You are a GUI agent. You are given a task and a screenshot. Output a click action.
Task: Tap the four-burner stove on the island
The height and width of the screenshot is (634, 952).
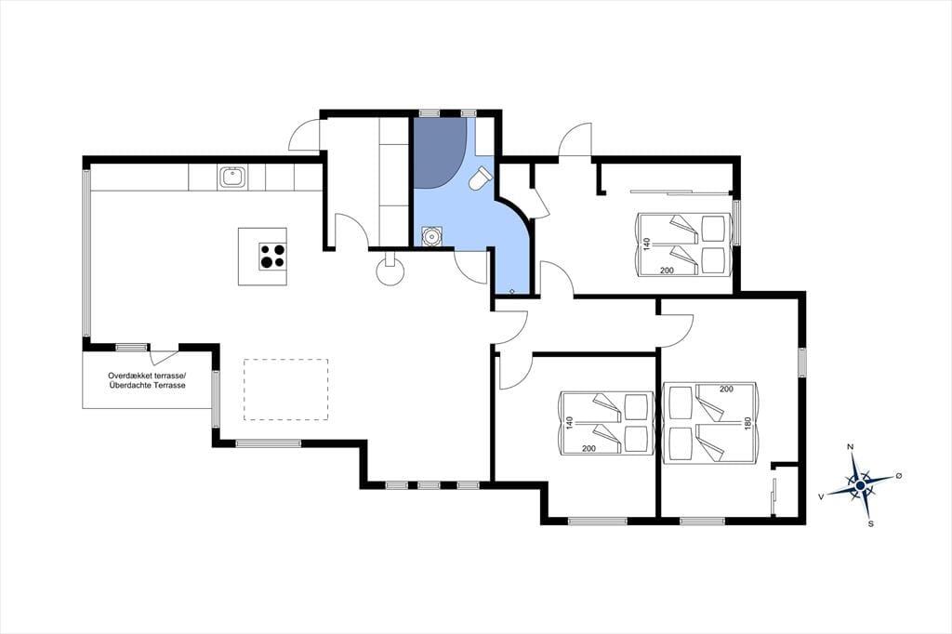click(272, 256)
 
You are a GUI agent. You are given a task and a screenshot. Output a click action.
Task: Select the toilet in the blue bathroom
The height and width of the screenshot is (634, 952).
click(481, 178)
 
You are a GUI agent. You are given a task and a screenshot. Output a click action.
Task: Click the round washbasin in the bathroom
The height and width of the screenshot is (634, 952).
click(431, 235)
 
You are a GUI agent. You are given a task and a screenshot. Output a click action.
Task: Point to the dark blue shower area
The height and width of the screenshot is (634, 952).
click(439, 152)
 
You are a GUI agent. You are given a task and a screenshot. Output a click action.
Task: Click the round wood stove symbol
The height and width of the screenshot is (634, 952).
click(390, 271)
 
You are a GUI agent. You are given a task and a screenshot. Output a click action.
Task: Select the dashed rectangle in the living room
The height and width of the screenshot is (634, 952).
click(286, 390)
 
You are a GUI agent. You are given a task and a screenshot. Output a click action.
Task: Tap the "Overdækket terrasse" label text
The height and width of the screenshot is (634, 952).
click(148, 376)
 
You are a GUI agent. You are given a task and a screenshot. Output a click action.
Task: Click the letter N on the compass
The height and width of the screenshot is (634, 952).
click(850, 447)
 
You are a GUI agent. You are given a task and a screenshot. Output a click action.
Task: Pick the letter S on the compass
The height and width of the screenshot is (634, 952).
click(870, 523)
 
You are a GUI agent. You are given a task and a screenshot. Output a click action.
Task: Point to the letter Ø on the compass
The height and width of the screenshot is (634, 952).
click(899, 476)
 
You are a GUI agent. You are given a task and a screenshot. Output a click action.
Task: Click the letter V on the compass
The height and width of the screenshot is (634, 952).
click(821, 496)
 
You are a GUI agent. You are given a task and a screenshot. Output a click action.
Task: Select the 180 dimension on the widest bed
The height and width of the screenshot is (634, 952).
click(747, 423)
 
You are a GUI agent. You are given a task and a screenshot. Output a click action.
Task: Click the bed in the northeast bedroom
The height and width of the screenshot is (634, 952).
click(681, 244)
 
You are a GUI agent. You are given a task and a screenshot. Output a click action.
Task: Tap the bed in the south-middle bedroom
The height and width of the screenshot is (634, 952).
click(605, 423)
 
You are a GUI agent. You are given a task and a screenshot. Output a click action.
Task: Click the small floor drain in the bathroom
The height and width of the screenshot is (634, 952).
click(512, 292)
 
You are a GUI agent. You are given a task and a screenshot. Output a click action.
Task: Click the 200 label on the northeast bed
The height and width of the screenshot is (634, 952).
click(667, 271)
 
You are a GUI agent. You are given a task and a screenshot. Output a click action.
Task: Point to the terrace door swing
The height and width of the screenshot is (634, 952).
click(164, 357)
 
